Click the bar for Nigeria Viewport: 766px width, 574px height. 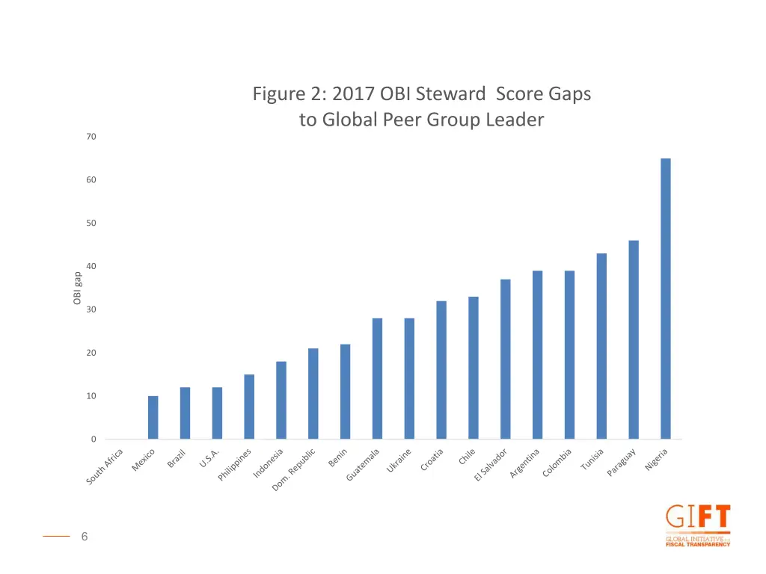click(x=666, y=298)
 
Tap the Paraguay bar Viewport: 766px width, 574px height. click(x=634, y=339)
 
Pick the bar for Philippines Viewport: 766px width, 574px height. click(x=249, y=407)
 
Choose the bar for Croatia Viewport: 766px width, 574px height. click(x=441, y=370)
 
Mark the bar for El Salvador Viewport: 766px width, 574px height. click(x=506, y=359)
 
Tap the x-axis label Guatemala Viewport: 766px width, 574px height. click(x=364, y=464)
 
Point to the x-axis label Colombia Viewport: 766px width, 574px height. click(x=557, y=463)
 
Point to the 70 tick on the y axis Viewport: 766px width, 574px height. click(x=91, y=137)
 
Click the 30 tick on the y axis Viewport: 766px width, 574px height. click(x=91, y=309)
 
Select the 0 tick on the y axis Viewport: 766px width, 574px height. click(x=94, y=439)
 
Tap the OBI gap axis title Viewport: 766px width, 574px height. click(x=77, y=288)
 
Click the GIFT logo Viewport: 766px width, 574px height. click(x=697, y=525)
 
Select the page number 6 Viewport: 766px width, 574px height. click(x=85, y=536)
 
